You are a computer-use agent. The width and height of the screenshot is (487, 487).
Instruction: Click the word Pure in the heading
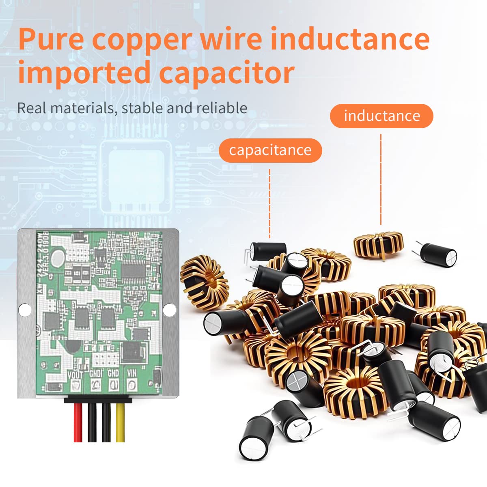point(51,39)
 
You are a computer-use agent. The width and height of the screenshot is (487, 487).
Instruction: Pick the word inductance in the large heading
point(350,39)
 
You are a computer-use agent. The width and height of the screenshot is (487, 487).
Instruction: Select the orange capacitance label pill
point(270,151)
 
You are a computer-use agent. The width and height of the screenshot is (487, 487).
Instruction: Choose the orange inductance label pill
point(381,116)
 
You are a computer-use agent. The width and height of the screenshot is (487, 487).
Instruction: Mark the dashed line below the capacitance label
point(269,203)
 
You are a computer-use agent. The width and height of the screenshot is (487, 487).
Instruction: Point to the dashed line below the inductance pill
point(381,179)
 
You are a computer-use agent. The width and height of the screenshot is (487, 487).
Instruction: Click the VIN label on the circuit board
point(131,373)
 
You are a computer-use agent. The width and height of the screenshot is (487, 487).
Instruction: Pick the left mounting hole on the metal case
point(25,310)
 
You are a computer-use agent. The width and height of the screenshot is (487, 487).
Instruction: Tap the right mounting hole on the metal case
point(169,310)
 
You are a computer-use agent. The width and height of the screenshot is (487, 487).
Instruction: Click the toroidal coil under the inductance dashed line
point(378,244)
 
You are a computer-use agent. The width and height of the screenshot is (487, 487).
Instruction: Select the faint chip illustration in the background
point(136,177)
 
